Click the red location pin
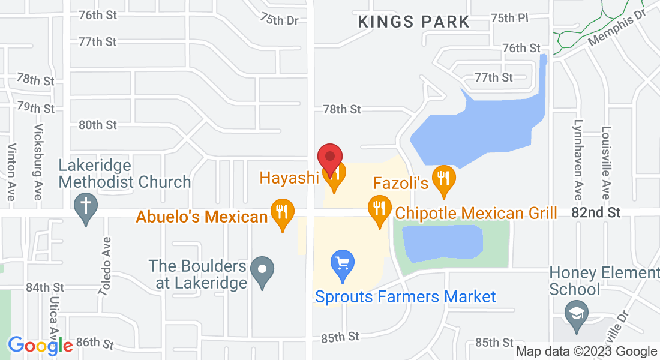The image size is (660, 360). pos(329,158)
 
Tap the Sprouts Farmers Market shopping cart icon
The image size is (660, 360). pos(343,264)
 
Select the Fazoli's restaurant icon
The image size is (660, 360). pos(443,179)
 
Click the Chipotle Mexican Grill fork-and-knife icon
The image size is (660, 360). pos(379,209)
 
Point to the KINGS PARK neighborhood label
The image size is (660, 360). pos(413,22)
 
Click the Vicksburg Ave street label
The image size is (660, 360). pos(39,162)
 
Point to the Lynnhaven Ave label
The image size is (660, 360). pos(578,163)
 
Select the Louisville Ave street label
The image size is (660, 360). pos(606,163)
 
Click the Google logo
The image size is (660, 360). pos(40,346)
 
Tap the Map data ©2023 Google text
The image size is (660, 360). pos(586,352)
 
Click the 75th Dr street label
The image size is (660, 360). pos(279,19)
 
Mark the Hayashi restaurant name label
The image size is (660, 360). pos(289,178)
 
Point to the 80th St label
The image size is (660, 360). pos(98,125)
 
